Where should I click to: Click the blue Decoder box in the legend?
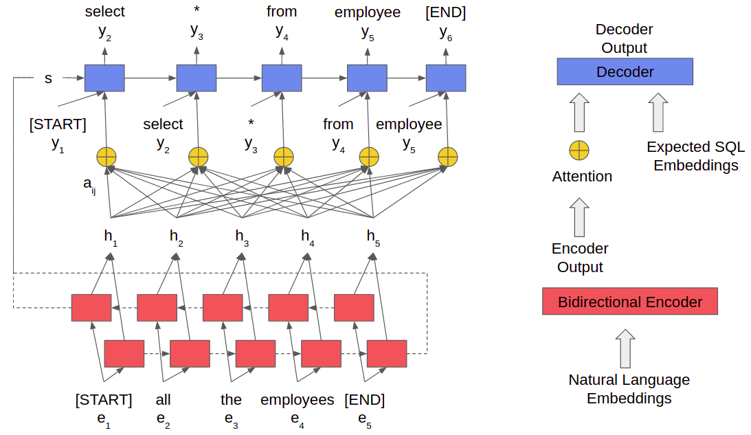pyautogui.click(x=624, y=71)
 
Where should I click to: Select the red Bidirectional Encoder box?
pyautogui.click(x=629, y=302)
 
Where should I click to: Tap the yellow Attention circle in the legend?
pyautogui.click(x=579, y=150)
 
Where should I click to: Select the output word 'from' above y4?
pyautogui.click(x=282, y=12)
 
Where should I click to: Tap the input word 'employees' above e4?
pyautogui.click(x=297, y=400)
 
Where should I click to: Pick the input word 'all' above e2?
pyautogui.click(x=163, y=400)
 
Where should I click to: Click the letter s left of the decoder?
pyautogui.click(x=48, y=78)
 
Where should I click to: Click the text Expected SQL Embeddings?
pyautogui.click(x=695, y=156)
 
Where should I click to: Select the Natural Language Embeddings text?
pyautogui.click(x=629, y=389)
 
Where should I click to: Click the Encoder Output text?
pyautogui.click(x=580, y=258)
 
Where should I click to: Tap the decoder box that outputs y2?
pyautogui.click(x=104, y=78)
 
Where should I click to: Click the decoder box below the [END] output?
pyautogui.click(x=446, y=78)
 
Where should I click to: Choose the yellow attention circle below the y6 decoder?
pyautogui.click(x=448, y=157)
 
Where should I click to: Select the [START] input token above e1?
pyautogui.click(x=103, y=400)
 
